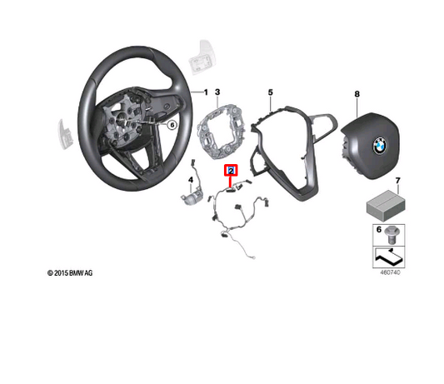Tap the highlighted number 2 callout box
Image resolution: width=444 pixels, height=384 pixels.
(x=231, y=170)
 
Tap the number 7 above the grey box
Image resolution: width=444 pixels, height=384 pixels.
(x=397, y=181)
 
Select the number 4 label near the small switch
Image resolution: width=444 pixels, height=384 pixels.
(x=192, y=179)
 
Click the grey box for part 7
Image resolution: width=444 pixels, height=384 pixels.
(x=382, y=202)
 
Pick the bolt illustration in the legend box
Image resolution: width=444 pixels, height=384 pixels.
(x=392, y=233)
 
